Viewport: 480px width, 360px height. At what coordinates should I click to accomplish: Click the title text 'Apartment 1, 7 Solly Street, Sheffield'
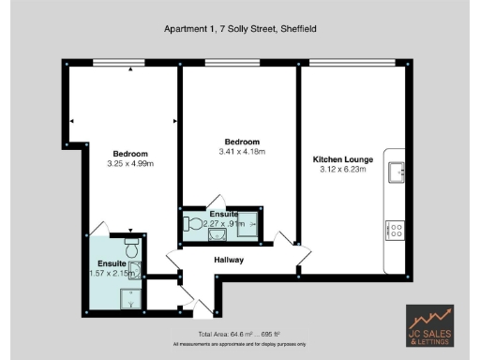tap(240, 29)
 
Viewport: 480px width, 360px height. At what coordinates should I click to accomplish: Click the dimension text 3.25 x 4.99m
tap(130, 164)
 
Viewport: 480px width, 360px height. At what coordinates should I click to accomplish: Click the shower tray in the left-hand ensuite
tap(131, 296)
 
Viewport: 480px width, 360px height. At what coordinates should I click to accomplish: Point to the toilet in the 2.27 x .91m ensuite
tap(194, 224)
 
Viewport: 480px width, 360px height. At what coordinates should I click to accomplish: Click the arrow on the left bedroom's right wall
tap(174, 121)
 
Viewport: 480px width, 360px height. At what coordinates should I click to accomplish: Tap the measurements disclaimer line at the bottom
tap(240, 344)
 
